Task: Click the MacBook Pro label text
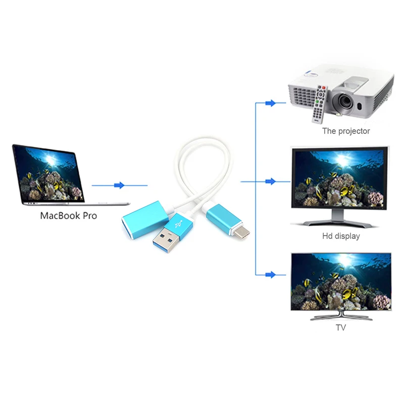[x=69, y=216]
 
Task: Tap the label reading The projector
[x=346, y=131]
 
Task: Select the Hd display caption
[x=341, y=236]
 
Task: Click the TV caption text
[x=340, y=327]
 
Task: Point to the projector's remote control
[x=320, y=105]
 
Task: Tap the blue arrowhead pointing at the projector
[x=271, y=104]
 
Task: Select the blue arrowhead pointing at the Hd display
[x=271, y=181]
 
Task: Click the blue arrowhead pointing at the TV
[x=271, y=275]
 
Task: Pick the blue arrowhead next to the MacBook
[x=119, y=185]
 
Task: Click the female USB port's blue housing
[x=144, y=220]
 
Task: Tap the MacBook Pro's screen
[x=49, y=174]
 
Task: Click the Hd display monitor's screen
[x=339, y=178]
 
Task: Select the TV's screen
[x=341, y=282]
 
